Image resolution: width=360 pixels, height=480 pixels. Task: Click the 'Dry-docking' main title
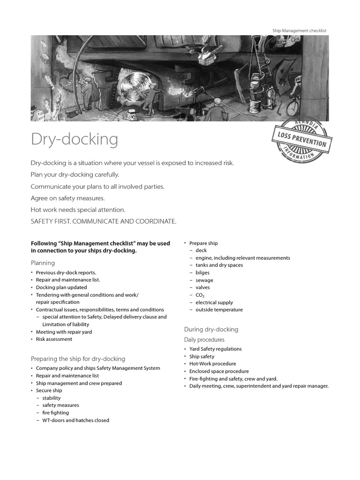[x=75, y=140]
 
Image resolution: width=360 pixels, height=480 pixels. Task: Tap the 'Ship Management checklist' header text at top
[x=299, y=30]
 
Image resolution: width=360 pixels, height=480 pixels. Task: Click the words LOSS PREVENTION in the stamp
[x=301, y=139]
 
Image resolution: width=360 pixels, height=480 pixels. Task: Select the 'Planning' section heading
[x=43, y=263]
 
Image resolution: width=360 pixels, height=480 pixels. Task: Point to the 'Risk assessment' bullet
[x=54, y=339]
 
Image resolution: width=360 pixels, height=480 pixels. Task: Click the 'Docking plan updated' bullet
[x=61, y=287]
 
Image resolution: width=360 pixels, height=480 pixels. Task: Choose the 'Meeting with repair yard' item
[x=64, y=332]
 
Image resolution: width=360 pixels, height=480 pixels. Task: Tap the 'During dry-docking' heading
[x=211, y=330]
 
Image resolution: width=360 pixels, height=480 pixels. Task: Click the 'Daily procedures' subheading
[x=204, y=339]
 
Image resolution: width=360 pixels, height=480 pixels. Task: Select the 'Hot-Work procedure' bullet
[x=212, y=364]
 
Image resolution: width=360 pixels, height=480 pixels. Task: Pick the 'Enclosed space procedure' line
[x=219, y=371]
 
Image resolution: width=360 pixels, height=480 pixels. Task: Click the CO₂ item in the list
[x=200, y=295]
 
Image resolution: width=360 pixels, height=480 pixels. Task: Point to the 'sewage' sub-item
[x=204, y=280]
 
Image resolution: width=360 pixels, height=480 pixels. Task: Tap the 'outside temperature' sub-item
[x=219, y=310]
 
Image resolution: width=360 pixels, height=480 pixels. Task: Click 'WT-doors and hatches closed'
[x=75, y=420]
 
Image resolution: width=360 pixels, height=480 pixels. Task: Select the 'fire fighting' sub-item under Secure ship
[x=55, y=413]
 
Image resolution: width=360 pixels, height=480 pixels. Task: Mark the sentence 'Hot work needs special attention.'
[x=78, y=210]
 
